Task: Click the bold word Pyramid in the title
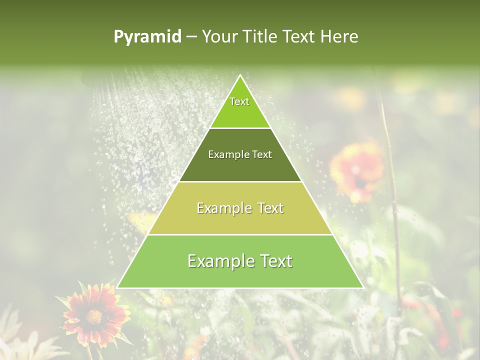point(147,37)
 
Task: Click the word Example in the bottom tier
point(217,261)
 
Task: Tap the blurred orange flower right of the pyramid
point(357,170)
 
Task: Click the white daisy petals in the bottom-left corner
point(20,345)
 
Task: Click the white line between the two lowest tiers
point(240,234)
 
